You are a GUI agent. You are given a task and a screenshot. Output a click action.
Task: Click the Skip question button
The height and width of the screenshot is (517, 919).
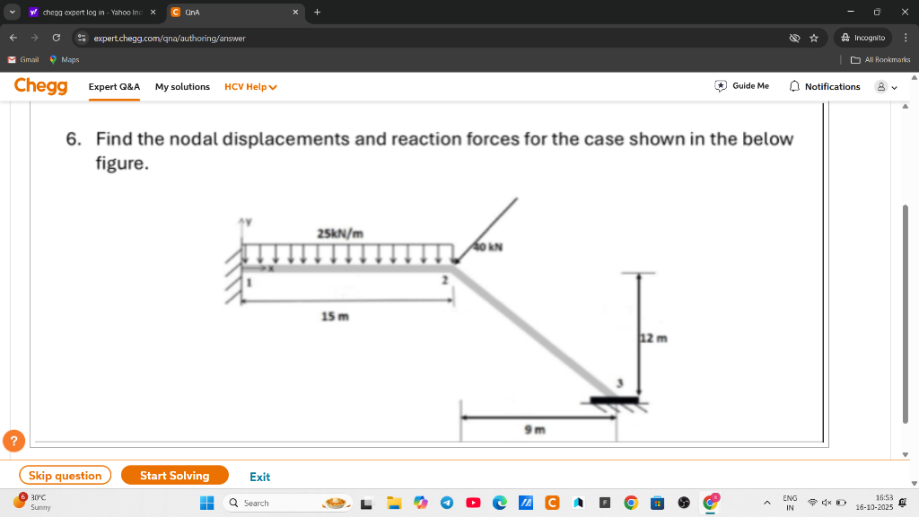pos(65,476)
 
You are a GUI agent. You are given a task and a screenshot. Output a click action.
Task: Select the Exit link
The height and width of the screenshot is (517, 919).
pos(259,477)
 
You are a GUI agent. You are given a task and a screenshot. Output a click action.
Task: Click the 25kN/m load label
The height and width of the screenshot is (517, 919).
pos(340,233)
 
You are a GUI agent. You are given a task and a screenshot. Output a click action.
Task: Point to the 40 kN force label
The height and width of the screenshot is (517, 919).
pos(487,247)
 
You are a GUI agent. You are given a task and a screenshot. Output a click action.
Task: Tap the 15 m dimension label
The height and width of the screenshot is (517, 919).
pos(335,317)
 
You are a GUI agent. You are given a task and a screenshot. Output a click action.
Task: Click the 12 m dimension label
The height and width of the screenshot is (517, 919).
pos(654,338)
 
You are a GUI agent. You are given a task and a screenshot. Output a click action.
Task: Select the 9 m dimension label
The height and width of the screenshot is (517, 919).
pos(535,430)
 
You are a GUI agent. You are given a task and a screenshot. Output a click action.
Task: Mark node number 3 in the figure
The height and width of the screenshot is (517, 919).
pos(619,383)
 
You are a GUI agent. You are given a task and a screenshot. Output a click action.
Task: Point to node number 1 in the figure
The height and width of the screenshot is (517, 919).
pos(249,283)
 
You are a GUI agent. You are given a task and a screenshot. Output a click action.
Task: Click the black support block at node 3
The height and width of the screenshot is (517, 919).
pos(614,400)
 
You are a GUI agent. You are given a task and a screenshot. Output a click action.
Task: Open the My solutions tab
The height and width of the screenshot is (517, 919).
pos(182,87)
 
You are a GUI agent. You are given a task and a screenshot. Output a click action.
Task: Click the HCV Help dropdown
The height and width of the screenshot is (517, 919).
pos(251,87)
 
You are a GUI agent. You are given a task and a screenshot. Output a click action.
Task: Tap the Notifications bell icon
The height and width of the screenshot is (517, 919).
pos(794,86)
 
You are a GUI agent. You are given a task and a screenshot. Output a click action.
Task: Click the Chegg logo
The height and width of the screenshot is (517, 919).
pos(41,86)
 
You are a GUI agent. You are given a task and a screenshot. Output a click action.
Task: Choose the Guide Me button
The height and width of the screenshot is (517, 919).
pos(741,86)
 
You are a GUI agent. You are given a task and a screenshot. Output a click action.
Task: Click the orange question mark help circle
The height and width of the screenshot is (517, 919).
pos(14,441)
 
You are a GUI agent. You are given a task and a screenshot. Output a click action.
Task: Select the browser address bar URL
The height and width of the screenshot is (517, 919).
pos(170,38)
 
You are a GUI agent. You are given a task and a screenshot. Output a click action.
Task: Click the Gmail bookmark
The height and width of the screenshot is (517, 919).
pos(23,60)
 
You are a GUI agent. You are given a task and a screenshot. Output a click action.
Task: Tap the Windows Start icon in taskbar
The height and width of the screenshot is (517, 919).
pos(207,503)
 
